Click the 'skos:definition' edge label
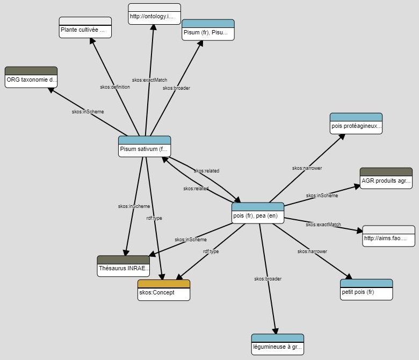(115, 87)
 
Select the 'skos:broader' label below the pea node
(268, 279)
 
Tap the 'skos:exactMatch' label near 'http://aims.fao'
(323, 225)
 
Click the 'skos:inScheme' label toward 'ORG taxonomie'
(88, 112)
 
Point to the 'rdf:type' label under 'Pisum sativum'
(154, 218)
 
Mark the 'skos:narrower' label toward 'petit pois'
(312, 251)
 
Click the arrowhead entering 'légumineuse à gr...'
(276, 331)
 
